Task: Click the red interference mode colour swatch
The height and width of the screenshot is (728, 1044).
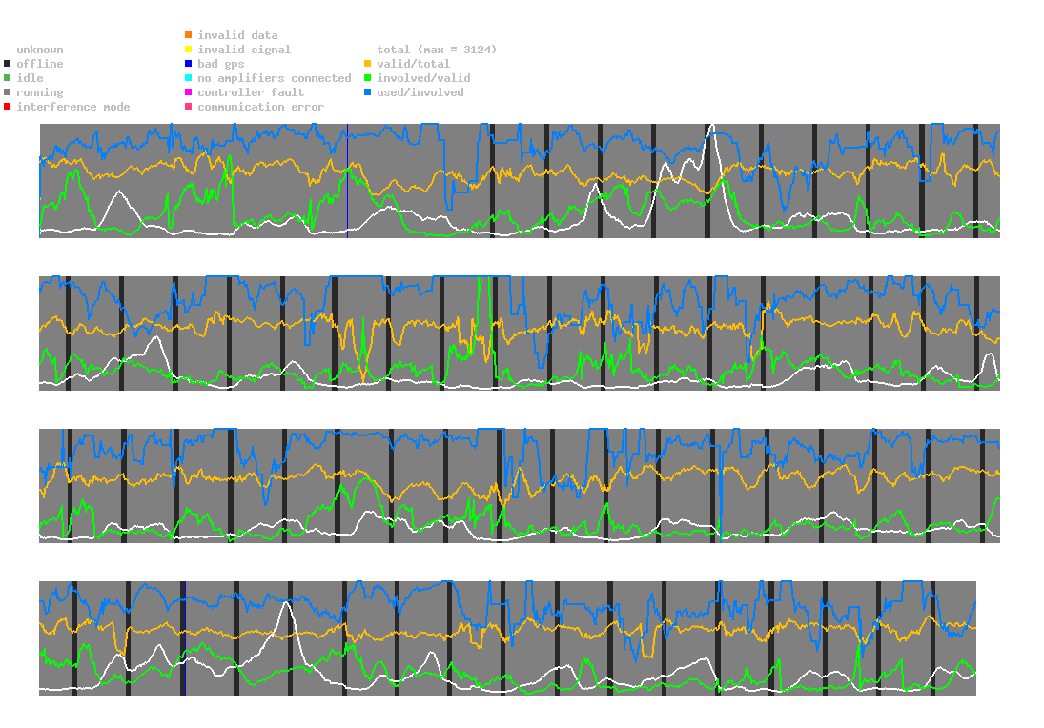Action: (x=8, y=107)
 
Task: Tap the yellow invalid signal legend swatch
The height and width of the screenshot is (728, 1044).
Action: (x=189, y=50)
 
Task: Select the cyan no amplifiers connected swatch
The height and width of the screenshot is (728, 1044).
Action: (x=189, y=78)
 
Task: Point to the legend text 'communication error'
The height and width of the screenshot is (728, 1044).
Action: (x=260, y=107)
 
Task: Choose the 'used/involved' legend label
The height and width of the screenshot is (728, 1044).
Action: (x=420, y=92)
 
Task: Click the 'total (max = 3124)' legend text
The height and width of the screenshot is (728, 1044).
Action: (x=437, y=50)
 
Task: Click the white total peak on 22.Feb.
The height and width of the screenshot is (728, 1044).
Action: (x=712, y=125)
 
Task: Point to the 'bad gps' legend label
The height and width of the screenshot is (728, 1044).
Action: (x=221, y=64)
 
